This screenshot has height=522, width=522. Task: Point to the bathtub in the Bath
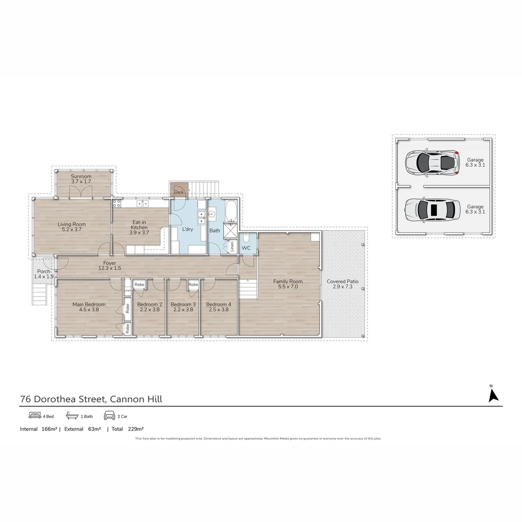coord(231,211)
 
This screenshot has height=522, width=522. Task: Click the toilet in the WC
coord(246,238)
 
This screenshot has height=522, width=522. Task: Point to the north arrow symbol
coord(493,395)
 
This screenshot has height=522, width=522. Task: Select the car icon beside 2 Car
coord(109,416)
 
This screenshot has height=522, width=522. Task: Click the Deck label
coord(178,192)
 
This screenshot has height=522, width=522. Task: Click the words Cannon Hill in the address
coord(136,399)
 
